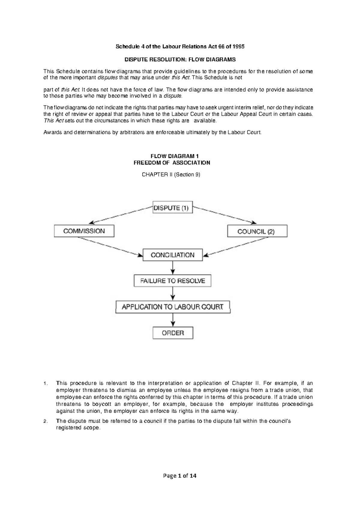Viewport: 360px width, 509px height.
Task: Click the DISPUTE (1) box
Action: coord(172,207)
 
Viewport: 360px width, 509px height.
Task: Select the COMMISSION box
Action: coord(84,231)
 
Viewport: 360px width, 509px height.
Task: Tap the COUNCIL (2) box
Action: coord(257,231)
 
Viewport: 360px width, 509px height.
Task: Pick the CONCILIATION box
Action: coord(172,255)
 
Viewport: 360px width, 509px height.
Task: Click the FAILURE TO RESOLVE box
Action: coord(172,281)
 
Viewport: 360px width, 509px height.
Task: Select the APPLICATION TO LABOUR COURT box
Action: coord(172,307)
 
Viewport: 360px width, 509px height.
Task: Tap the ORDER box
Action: coord(172,333)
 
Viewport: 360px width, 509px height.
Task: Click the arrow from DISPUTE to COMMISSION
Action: coord(121,215)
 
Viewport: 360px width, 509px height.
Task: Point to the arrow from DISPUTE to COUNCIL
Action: coord(224,215)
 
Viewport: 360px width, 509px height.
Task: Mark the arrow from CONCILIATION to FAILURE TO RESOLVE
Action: coord(172,268)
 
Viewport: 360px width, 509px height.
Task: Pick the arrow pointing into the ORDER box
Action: coord(172,320)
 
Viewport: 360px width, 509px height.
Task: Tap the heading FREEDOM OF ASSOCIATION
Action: coord(172,163)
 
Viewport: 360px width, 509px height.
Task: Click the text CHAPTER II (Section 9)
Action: coord(171,175)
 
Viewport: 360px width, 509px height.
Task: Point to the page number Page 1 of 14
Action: coord(180,476)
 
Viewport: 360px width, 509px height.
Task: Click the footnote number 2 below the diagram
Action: coord(45,421)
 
